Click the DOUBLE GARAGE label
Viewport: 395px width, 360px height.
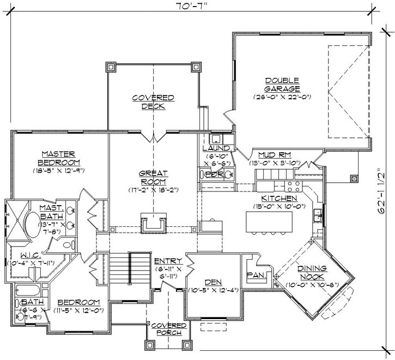282,84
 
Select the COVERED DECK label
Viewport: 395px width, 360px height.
153,102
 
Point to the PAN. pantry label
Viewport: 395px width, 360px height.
255,276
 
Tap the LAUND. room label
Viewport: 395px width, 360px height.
217,148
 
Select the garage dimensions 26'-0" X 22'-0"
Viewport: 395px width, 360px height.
282,97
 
